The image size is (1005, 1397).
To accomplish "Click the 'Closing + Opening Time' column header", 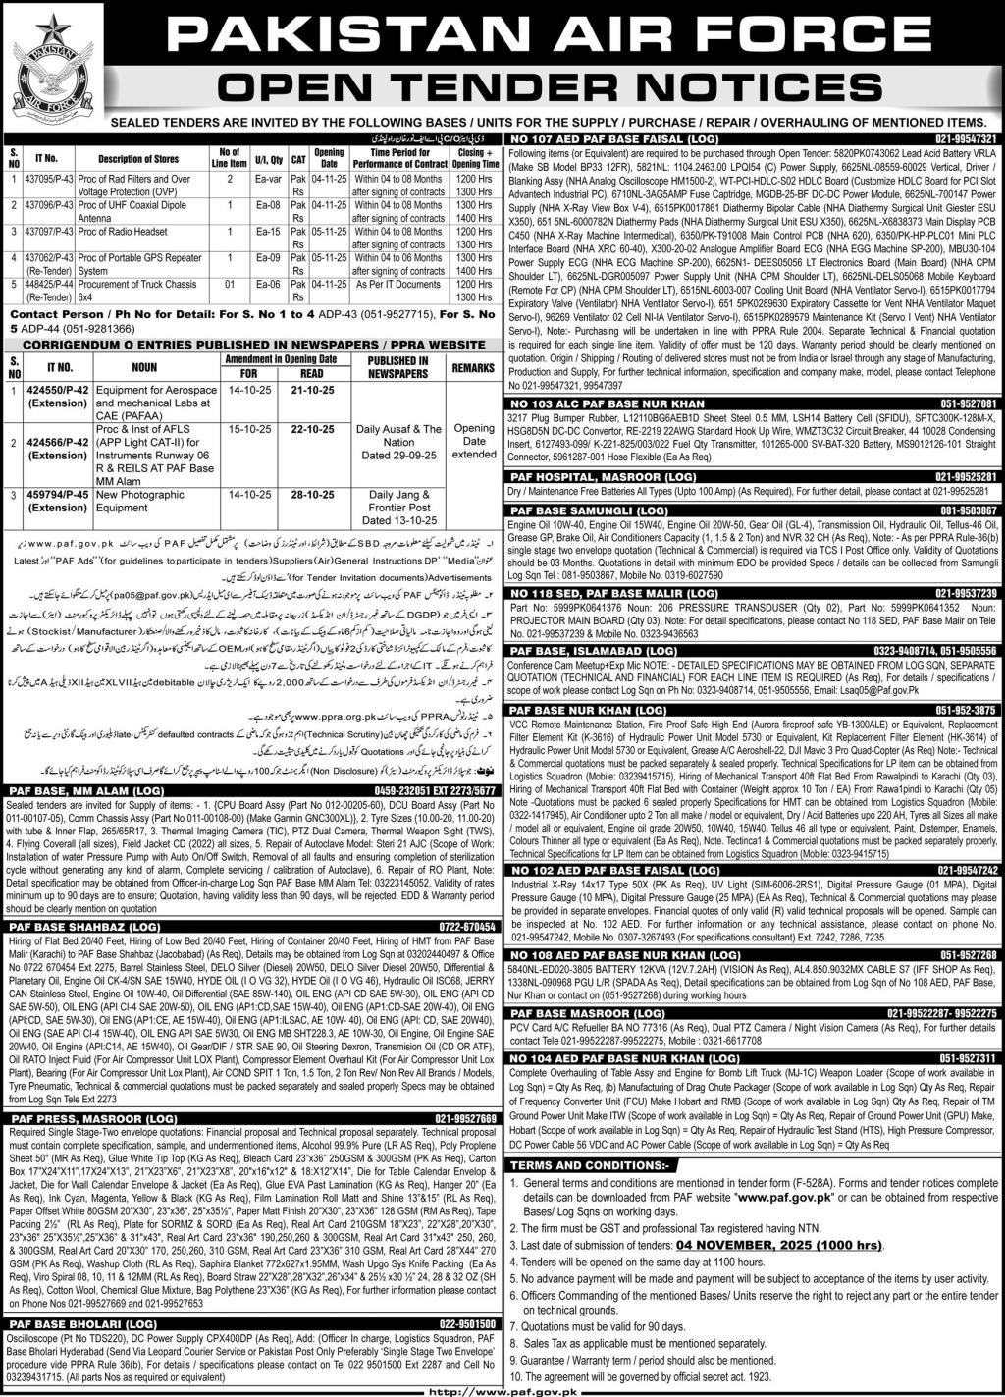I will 478,158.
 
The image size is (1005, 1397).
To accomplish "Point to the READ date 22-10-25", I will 311,429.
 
